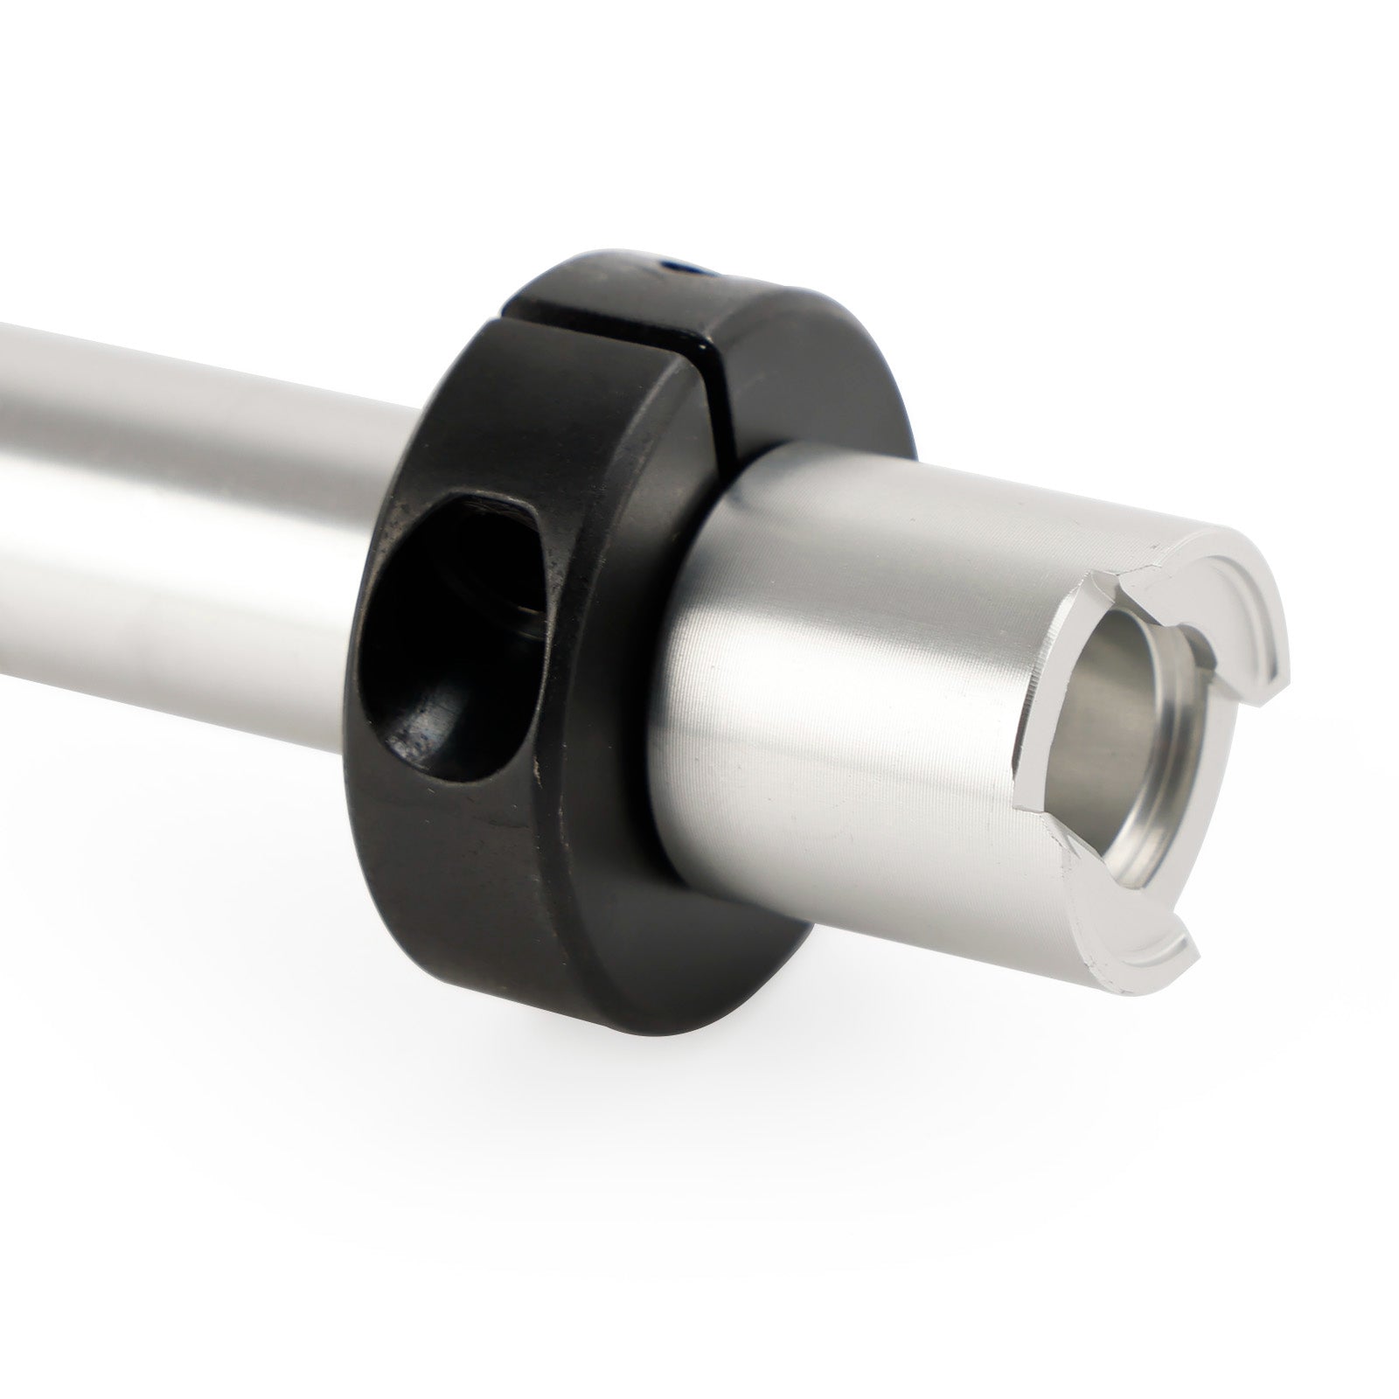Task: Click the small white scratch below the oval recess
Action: pos(535,769)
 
